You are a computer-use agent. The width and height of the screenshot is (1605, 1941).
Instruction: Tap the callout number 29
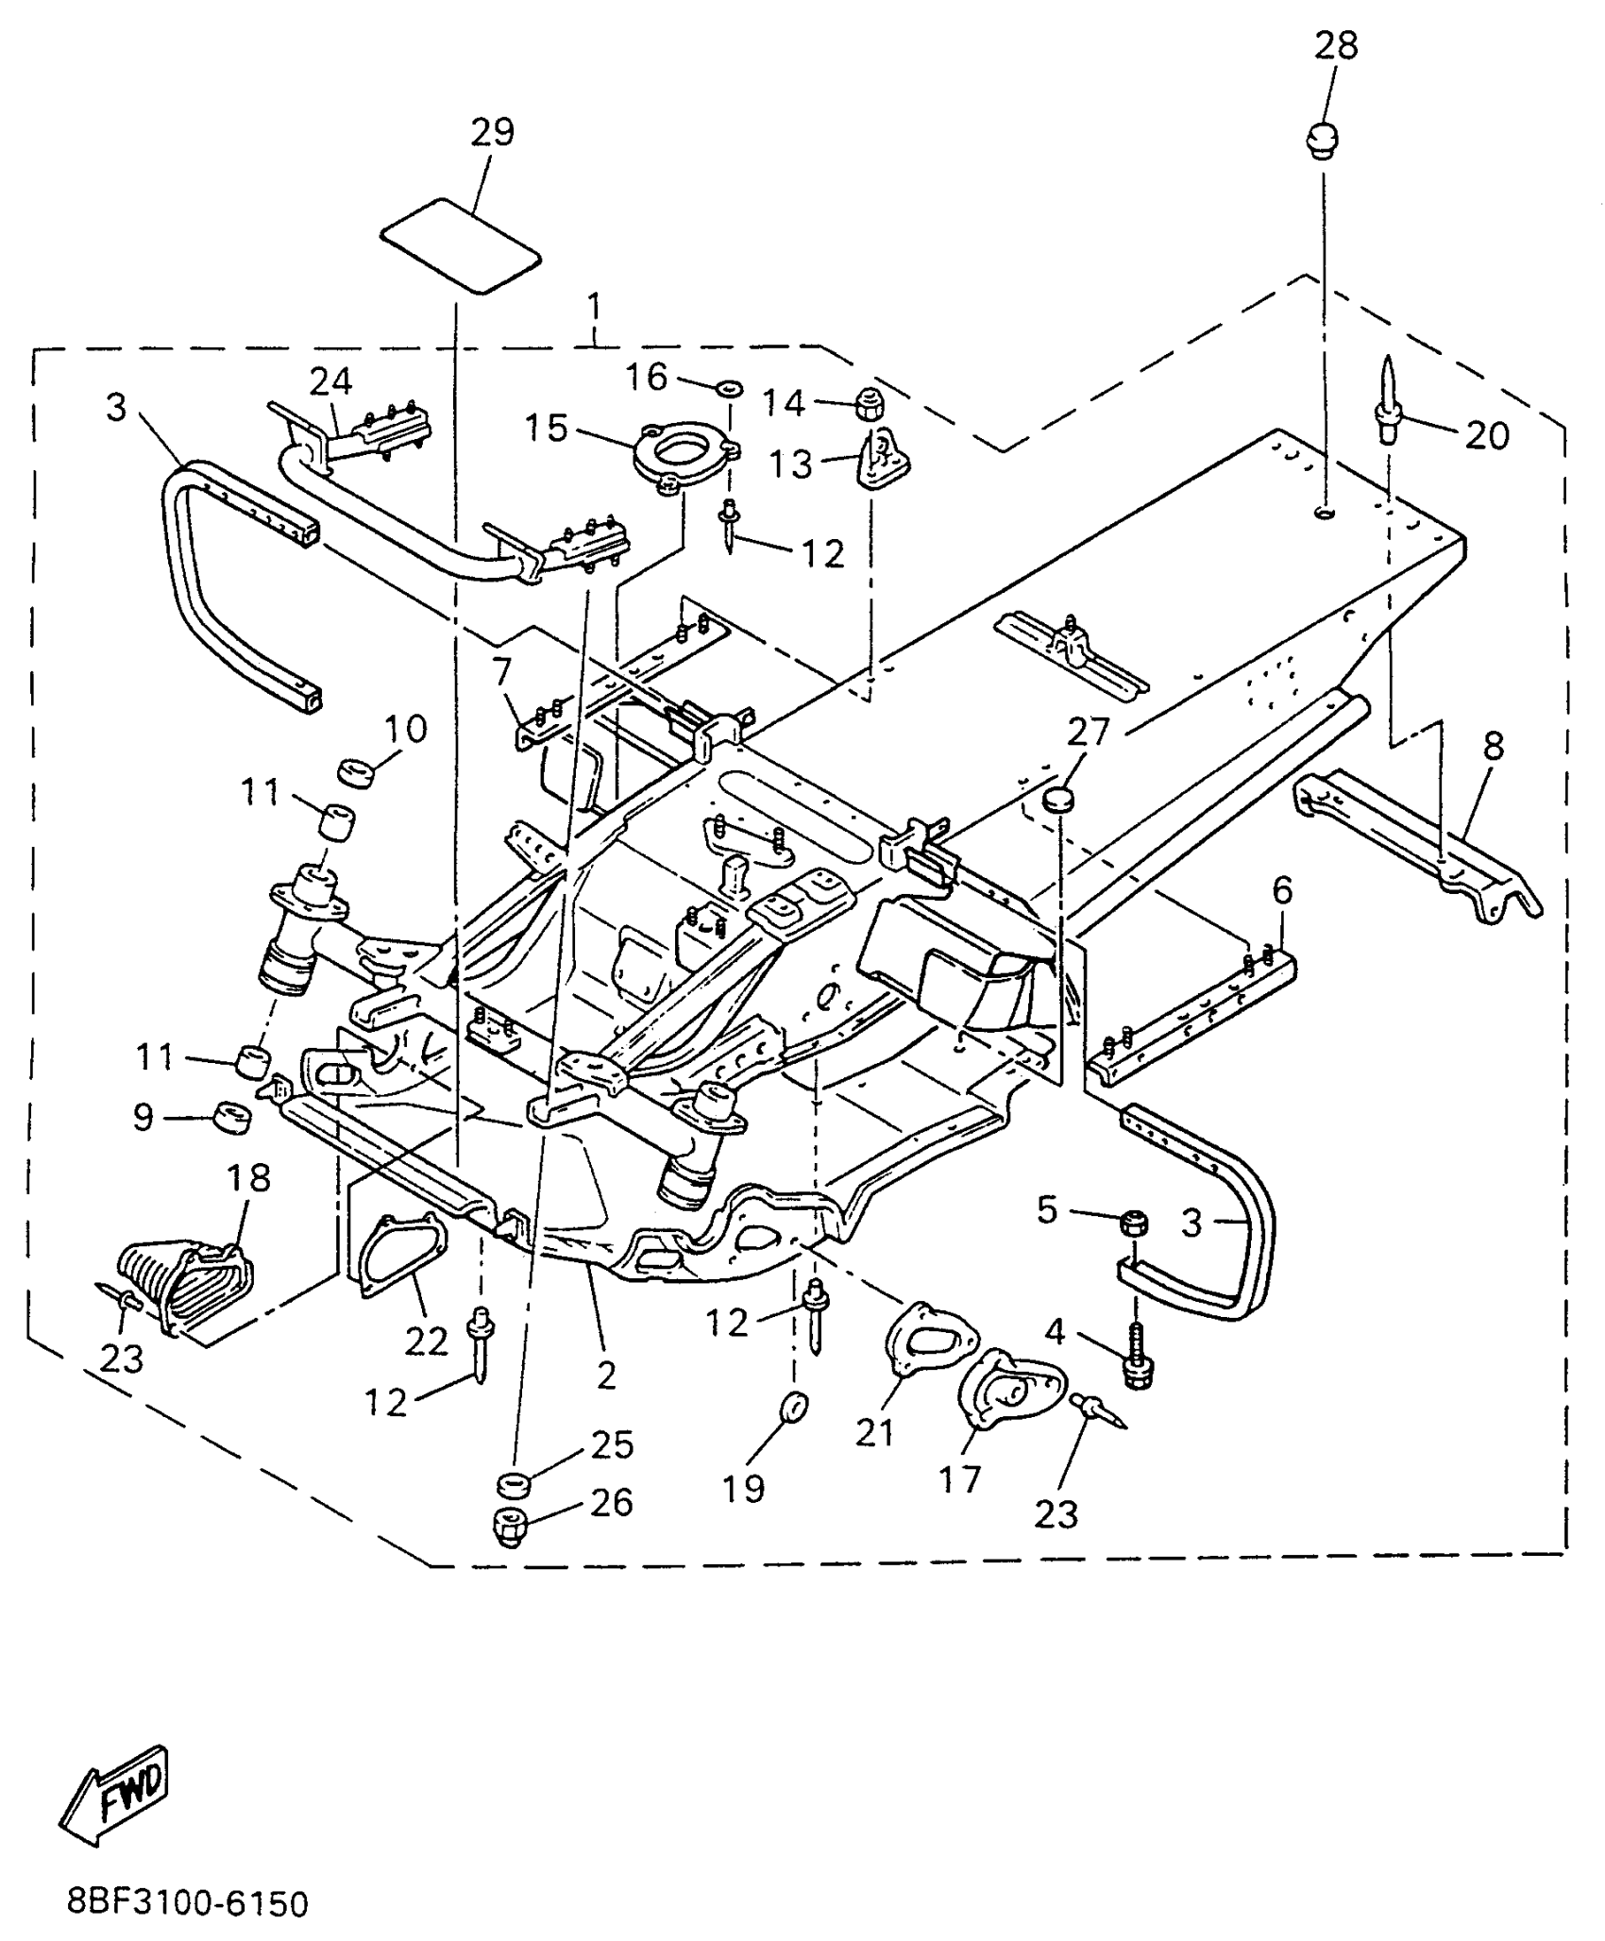(x=492, y=132)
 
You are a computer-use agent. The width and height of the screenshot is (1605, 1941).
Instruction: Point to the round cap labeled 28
(x=1323, y=139)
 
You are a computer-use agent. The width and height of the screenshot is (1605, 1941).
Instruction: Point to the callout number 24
(x=330, y=381)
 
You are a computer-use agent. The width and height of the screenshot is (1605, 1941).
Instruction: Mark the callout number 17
(x=959, y=1478)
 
